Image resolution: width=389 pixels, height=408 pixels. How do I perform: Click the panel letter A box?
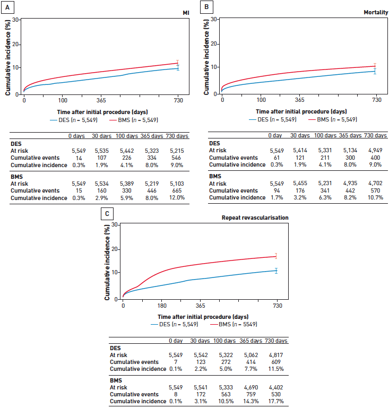(7, 7)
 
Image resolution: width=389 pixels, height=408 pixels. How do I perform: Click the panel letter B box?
(205, 6)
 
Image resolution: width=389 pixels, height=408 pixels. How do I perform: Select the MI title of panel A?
(186, 12)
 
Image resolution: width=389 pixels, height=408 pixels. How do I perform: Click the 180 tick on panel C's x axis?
(162, 306)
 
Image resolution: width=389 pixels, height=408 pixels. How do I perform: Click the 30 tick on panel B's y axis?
(214, 19)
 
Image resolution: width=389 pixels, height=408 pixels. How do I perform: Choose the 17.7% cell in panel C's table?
(276, 401)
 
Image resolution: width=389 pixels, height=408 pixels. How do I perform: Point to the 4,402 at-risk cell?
(276, 387)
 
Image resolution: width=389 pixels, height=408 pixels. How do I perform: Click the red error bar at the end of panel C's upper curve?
(276, 256)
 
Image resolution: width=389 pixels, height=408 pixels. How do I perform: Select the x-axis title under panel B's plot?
(301, 111)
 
